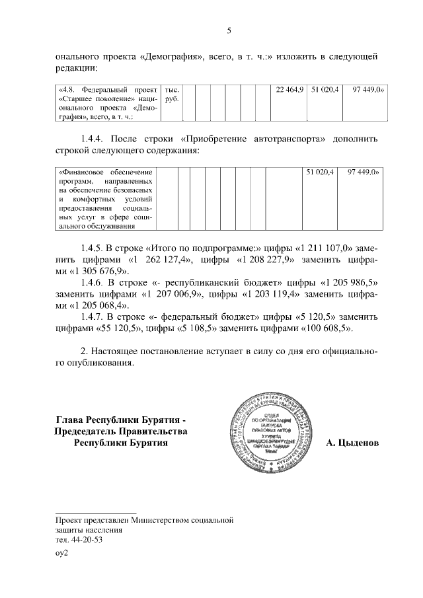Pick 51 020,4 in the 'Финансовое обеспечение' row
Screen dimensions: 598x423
tap(321, 172)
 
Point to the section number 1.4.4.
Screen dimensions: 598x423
tap(93, 139)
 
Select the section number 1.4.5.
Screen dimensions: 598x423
tap(93, 247)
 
